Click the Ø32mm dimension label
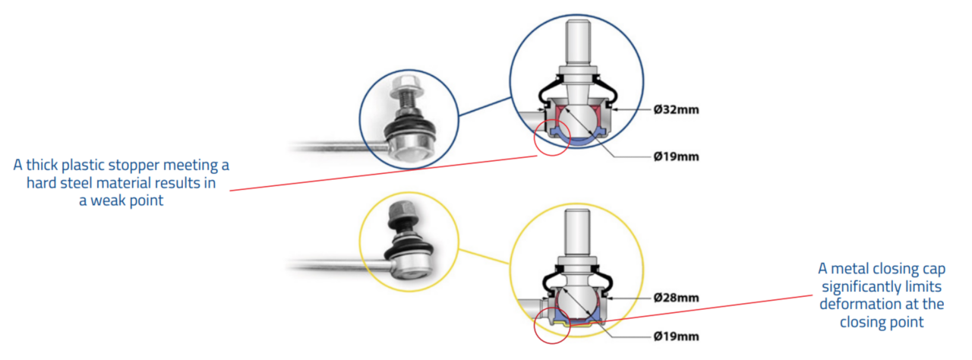[676, 110]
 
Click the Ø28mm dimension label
[676, 298]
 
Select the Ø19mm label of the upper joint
[676, 157]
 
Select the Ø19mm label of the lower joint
[676, 336]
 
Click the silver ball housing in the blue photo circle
[408, 146]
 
